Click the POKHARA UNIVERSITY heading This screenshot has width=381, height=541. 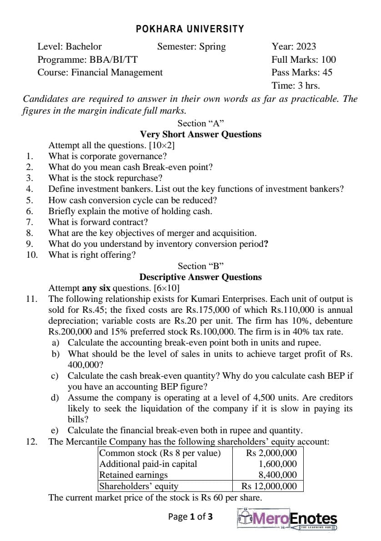pyautogui.click(x=190, y=29)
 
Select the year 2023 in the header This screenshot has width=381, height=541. pyautogui.click(x=294, y=46)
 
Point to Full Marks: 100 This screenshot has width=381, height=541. pyautogui.click(x=304, y=59)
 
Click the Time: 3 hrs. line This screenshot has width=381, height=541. pyautogui.click(x=296, y=85)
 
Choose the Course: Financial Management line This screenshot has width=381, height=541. pyautogui.click(x=100, y=72)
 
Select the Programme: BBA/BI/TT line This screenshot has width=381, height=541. pyautogui.click(x=88, y=59)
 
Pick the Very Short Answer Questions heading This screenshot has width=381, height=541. pyautogui.click(x=201, y=134)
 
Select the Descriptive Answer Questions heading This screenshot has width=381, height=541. pyautogui.click(x=201, y=277)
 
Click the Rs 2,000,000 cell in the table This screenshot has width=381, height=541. pyautogui.click(x=271, y=453)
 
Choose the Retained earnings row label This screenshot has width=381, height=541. pyautogui.click(x=134, y=475)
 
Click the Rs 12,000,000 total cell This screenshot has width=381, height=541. pyautogui.click(x=271, y=486)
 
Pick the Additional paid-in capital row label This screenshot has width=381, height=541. pyautogui.click(x=148, y=464)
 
